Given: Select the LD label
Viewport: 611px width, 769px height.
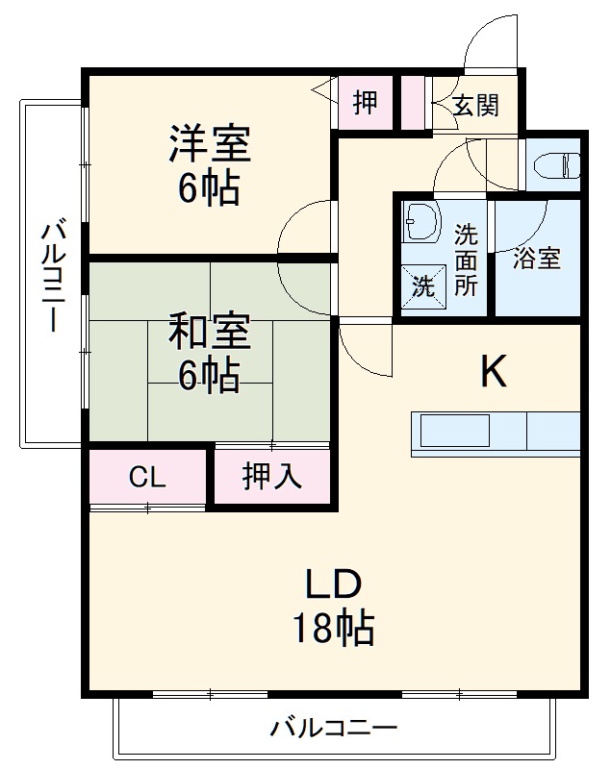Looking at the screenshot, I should (333, 583).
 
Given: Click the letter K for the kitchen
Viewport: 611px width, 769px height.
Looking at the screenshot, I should (494, 372).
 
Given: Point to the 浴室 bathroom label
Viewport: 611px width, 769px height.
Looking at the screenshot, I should (536, 259).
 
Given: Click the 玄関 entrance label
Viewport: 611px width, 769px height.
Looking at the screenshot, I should (475, 105).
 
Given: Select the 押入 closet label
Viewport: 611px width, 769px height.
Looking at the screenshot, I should (272, 477).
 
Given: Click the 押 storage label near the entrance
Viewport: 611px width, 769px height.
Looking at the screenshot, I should (365, 102).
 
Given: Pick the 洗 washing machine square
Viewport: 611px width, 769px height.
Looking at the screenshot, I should (423, 285).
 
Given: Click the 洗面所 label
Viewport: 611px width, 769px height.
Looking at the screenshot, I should (466, 260).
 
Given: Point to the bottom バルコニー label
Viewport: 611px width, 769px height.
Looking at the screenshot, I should (333, 728).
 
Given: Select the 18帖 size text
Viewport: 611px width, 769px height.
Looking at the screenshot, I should (333, 629).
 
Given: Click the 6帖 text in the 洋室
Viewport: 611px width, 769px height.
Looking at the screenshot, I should (209, 188).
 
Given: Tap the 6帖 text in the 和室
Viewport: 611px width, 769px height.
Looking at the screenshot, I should (209, 376).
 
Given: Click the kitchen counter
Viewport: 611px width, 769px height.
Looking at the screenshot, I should (495, 430).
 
